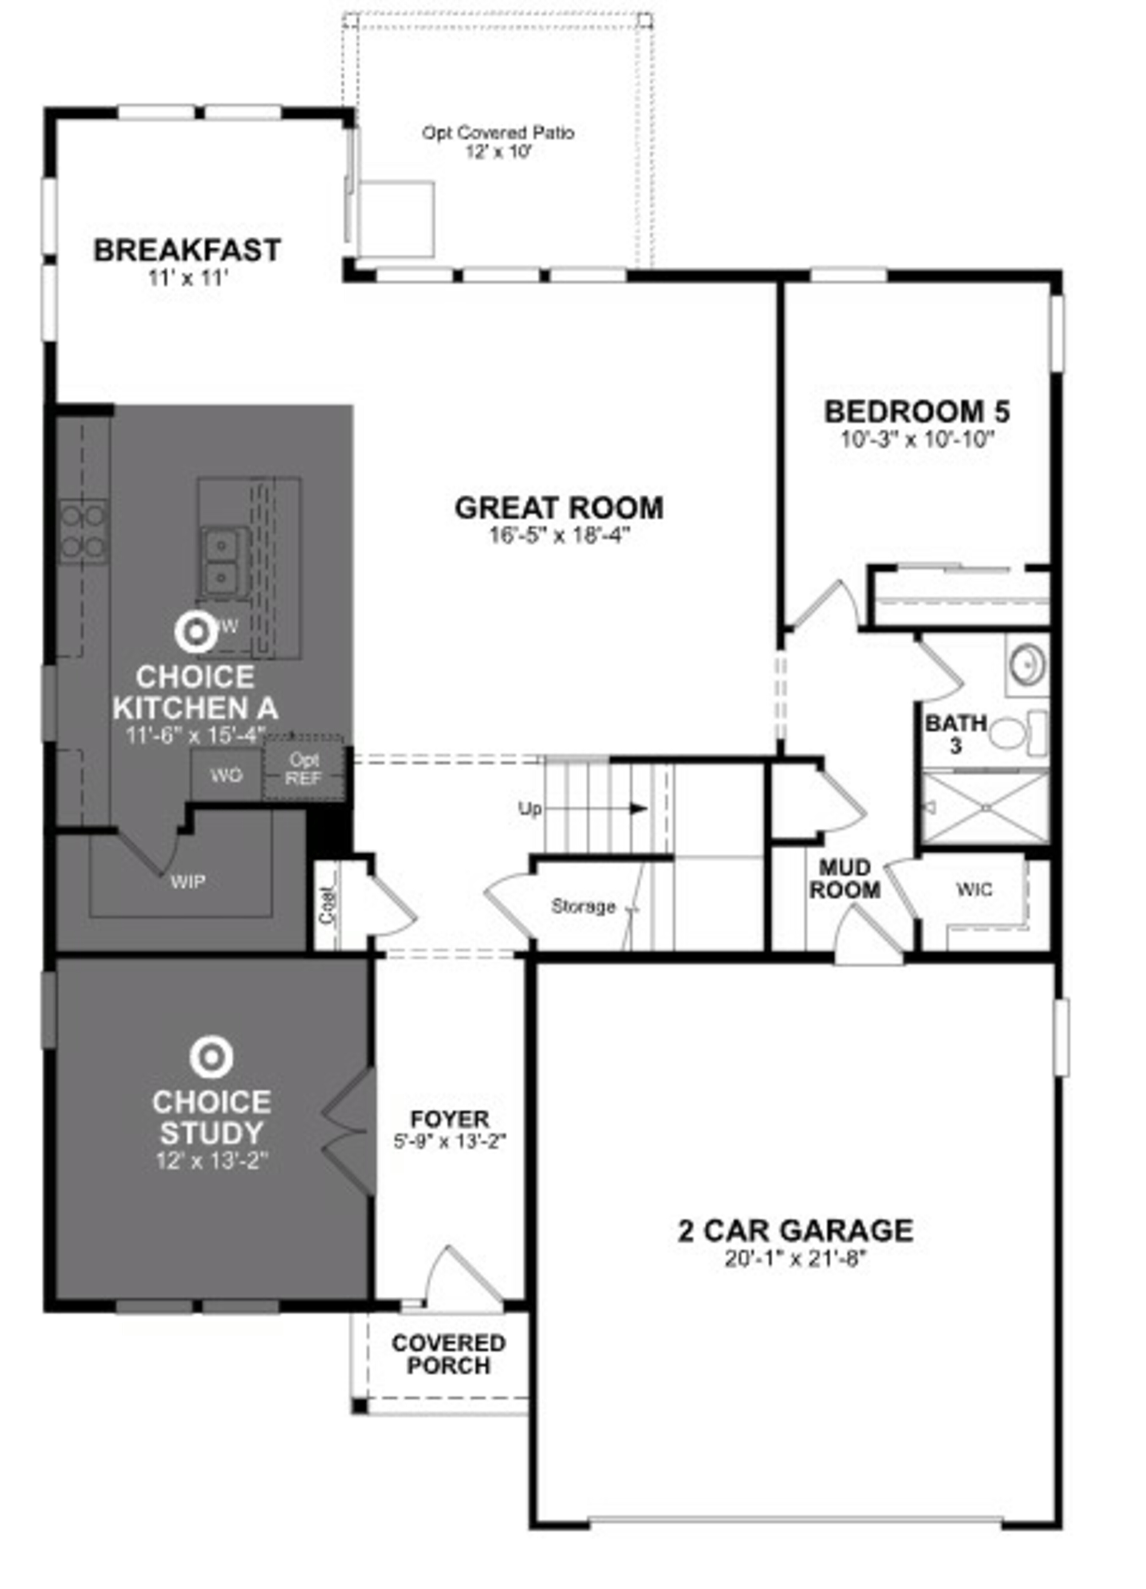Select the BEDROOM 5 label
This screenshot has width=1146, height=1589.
[917, 411]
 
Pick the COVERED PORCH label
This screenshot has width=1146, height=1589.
[448, 1354]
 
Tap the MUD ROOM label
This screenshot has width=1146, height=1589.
[845, 879]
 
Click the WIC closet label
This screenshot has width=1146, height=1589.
[974, 889]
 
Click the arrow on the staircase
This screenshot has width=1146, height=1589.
[637, 808]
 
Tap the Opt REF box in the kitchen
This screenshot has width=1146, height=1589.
[304, 769]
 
